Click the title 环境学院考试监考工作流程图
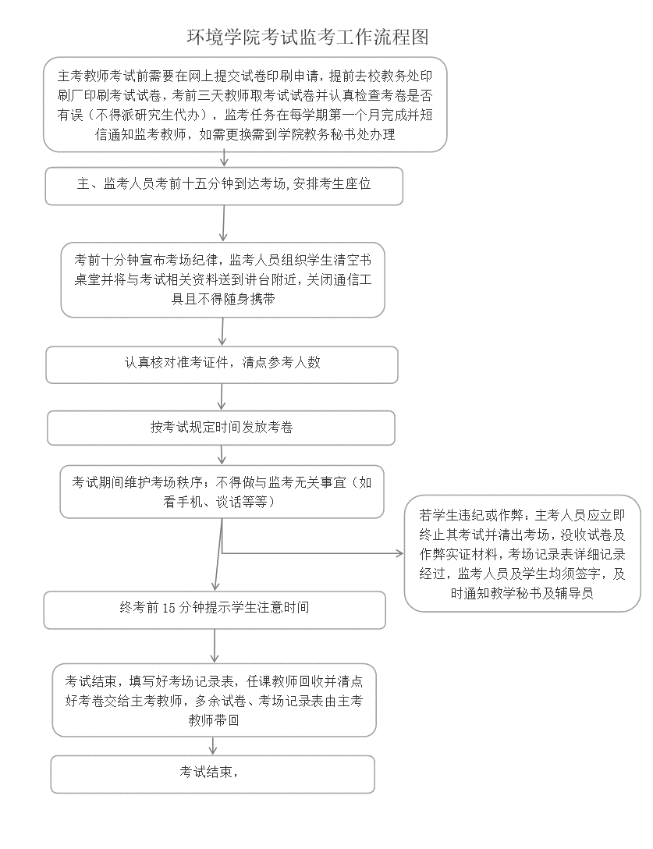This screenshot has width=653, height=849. click(x=307, y=37)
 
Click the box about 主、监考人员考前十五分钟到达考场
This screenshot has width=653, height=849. click(x=224, y=186)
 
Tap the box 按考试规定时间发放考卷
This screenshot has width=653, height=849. click(x=222, y=427)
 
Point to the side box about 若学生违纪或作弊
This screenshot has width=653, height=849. click(x=522, y=553)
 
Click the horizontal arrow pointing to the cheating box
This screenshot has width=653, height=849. click(x=312, y=554)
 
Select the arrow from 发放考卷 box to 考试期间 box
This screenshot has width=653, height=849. click(x=222, y=454)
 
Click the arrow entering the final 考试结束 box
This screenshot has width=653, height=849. click(x=213, y=745)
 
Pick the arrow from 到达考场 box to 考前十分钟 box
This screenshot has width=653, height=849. click(x=224, y=223)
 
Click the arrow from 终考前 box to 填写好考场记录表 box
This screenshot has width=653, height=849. click(x=215, y=645)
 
